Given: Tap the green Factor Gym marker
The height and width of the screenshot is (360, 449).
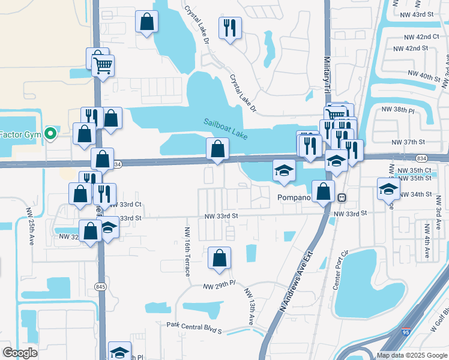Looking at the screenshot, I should point(50,133).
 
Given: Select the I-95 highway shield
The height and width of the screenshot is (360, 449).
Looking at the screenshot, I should point(406,331).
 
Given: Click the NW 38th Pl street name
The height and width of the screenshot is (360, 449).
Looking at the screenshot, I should point(398,110).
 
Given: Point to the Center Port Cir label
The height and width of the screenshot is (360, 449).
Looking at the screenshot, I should point(340,270).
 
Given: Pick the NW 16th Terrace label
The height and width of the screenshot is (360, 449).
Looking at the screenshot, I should point(188,251).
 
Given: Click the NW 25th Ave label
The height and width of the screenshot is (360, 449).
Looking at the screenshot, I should point(29,226).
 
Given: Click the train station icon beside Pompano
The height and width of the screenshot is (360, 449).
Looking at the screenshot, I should point(341,197).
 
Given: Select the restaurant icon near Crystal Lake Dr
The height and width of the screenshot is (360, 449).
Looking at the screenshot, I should point(230,27).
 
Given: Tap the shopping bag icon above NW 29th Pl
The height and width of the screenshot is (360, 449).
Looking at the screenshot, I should point(219,258).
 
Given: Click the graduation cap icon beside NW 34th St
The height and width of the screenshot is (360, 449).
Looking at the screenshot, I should point(388,189).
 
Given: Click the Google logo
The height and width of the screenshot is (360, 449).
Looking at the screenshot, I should point(20,352).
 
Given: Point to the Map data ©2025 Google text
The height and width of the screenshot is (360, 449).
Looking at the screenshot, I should point(411,355).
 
